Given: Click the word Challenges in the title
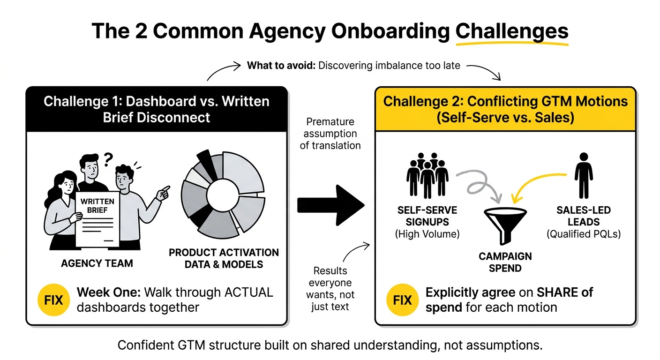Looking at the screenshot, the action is click(512, 32).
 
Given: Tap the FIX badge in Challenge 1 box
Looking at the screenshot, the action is click(53, 300).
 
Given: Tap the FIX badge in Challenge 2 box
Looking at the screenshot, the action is click(403, 300).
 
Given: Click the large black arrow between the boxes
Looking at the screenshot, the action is click(330, 205).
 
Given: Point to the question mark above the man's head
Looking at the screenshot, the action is click(108, 159).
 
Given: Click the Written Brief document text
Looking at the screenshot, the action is click(97, 206).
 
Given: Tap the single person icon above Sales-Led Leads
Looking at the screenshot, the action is click(584, 176).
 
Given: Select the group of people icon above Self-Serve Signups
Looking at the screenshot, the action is click(427, 175).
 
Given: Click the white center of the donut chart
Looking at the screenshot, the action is click(223, 195).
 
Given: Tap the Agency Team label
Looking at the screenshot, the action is click(97, 263).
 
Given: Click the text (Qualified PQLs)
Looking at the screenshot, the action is click(584, 234).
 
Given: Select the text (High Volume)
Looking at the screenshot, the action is click(427, 234).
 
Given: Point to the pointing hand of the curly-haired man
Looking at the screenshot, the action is click(163, 193).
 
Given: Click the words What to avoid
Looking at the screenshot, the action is click(281, 66).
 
